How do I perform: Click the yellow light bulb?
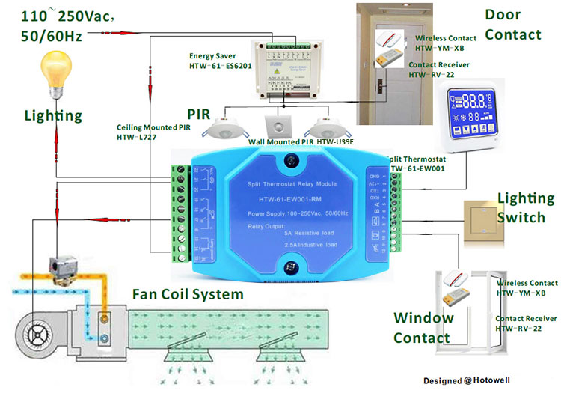pyautogui.click(x=55, y=72)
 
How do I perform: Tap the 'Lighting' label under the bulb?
pyautogui.click(x=53, y=115)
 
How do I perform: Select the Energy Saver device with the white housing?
pyautogui.click(x=295, y=68)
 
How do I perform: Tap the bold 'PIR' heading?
pyautogui.click(x=198, y=113)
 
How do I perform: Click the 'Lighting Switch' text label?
pyautogui.click(x=526, y=207)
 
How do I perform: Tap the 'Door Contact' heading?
pyautogui.click(x=512, y=25)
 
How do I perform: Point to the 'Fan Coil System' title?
pyautogui.click(x=188, y=294)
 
